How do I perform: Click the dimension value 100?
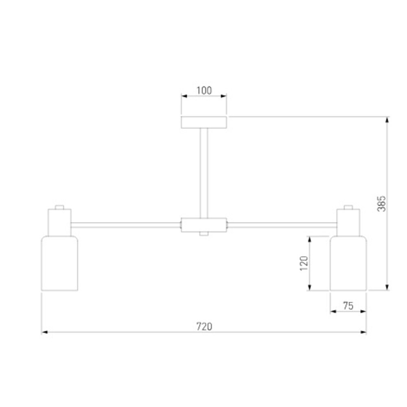tap(204, 91)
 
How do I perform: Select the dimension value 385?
tap(381, 204)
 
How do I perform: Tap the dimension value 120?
tap(304, 263)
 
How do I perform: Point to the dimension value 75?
tap(348, 306)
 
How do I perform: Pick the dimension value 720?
tap(204, 326)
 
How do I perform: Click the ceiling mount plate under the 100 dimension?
tap(204, 122)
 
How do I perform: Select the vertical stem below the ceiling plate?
tap(204, 173)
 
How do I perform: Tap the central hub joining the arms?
tap(204, 225)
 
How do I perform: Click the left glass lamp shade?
tap(59, 263)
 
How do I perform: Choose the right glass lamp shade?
tap(348, 263)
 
